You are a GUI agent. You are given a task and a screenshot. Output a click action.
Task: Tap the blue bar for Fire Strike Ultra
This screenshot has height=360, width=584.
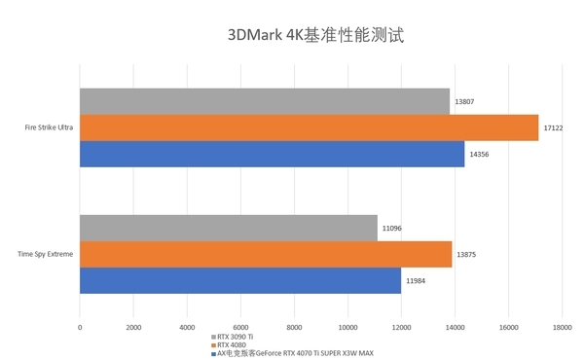tap(272, 154)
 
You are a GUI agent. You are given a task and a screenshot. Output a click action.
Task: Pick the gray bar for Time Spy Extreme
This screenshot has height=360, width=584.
tap(228, 228)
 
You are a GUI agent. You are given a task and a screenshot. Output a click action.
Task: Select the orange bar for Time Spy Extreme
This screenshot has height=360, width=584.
tap(266, 254)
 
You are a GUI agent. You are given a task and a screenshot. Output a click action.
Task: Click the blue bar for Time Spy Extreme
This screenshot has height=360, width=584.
tap(240, 280)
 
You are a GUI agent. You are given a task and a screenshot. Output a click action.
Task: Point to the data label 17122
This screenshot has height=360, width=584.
tap(555, 127)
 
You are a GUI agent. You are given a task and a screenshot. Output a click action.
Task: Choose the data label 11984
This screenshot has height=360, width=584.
tap(417, 280)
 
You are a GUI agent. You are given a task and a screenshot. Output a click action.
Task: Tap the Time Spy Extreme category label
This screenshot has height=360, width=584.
tap(46, 254)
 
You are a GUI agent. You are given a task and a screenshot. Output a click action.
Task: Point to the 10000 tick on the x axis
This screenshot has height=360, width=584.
tap(347, 328)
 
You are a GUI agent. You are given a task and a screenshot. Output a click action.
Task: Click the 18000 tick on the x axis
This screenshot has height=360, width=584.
tap(562, 328)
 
